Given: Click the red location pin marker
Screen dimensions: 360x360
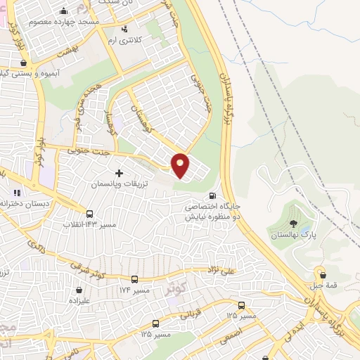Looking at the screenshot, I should tap(181, 165).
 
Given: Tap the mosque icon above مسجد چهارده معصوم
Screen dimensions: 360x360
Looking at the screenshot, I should tap(64, 11).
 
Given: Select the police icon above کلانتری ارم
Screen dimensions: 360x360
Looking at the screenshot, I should tap(125, 29).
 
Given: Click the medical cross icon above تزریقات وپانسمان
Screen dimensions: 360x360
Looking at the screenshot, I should tap(118, 172).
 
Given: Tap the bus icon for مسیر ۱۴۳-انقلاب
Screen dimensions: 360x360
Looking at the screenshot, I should tap(89, 214).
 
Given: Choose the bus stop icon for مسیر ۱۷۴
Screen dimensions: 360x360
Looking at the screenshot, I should tap(134, 280).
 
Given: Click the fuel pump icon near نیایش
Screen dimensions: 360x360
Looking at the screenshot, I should tap(212, 196).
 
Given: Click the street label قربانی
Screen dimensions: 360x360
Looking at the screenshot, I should tap(193, 314).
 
